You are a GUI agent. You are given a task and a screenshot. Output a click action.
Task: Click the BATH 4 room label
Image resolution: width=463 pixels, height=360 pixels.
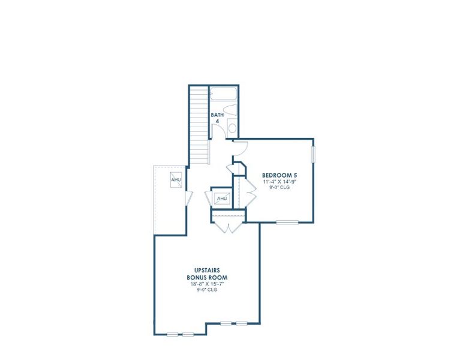coord(217,118)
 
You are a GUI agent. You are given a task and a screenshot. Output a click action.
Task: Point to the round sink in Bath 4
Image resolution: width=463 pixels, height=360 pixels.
coord(232,128)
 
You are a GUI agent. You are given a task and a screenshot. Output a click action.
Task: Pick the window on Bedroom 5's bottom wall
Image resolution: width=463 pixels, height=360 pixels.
coord(287,223)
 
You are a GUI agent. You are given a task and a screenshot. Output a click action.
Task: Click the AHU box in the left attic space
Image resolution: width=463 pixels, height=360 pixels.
coord(176,180)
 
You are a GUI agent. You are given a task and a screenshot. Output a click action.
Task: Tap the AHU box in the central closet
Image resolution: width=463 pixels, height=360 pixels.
coord(221,199)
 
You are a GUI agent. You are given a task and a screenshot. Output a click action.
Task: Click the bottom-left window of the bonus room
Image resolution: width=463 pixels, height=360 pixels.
coord(180,334)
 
